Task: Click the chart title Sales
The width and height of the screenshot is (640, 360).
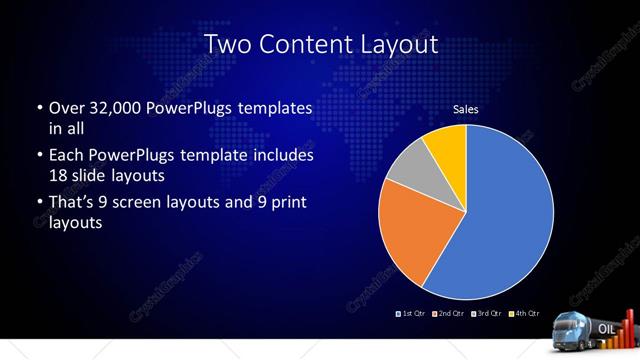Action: [466, 108]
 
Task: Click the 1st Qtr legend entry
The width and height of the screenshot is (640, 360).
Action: [411, 313]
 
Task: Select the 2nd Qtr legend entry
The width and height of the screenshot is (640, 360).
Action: [449, 313]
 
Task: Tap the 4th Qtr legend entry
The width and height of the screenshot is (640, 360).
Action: [525, 313]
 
